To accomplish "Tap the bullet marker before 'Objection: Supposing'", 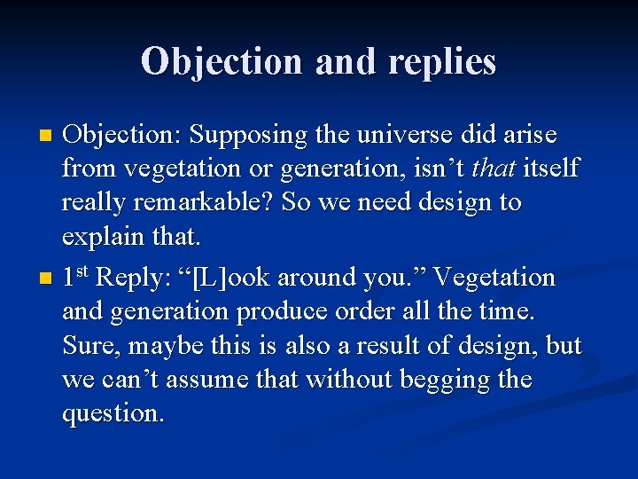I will coord(48,137).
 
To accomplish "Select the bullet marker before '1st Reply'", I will coord(48,279).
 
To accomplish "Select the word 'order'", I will coord(377,311).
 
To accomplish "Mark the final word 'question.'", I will coord(113,413).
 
